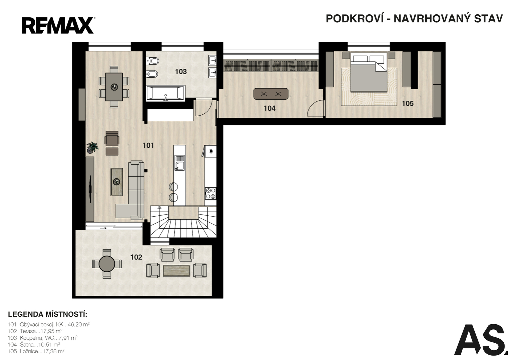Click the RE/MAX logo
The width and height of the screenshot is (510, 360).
(58, 25)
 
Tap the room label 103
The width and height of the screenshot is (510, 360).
(181, 72)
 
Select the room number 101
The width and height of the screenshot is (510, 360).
(148, 145)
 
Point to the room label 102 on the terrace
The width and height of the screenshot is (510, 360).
(136, 257)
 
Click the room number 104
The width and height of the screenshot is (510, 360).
(270, 108)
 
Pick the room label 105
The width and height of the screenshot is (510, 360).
(408, 104)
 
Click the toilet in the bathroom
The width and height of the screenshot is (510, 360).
(152, 61)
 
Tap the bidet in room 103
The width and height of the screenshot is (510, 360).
(152, 74)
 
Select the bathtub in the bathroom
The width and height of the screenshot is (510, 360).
(165, 93)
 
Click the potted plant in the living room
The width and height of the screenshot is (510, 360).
(92, 147)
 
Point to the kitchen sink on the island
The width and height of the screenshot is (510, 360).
(180, 162)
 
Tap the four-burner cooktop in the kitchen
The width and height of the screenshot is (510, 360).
(210, 193)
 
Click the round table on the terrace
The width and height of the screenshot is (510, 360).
(107, 264)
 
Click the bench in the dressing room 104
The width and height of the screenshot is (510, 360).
(271, 94)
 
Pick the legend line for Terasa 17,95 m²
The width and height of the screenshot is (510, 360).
(35, 331)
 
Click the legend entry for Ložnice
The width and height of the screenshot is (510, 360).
(36, 351)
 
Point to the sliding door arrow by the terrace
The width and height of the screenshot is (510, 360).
(103, 228)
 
